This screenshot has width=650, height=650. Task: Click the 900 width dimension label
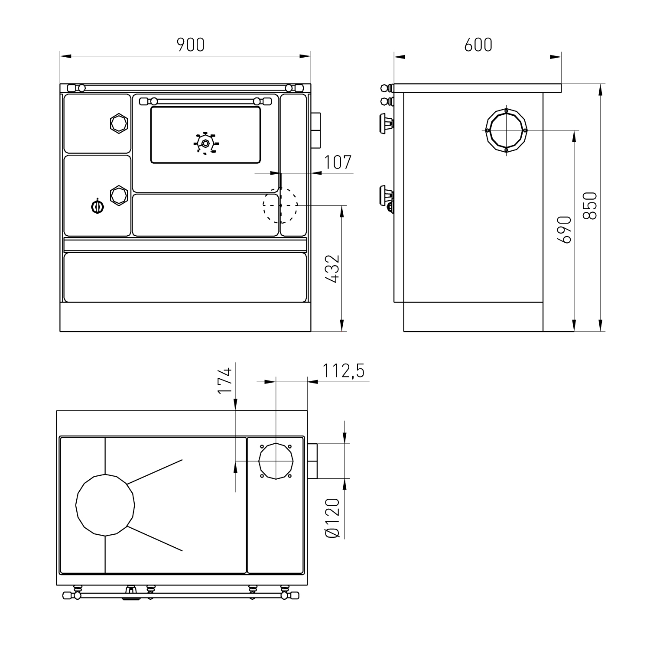pos(190,45)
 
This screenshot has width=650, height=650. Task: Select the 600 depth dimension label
pos(478,45)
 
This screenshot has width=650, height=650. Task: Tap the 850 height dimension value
pos(590,206)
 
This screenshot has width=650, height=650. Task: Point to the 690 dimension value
pos(565,229)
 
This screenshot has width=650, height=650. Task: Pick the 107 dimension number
pos(338,162)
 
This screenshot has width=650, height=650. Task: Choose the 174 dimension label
pos(225,380)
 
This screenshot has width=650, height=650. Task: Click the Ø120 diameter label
pos(332,518)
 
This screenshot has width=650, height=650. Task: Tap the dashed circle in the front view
pos(280,205)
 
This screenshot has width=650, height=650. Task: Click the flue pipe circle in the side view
pos(506,130)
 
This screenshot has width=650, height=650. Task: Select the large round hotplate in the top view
pos(105,505)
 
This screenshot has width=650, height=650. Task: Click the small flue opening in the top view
pos(276,461)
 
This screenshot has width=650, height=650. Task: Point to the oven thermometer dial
pos(205,143)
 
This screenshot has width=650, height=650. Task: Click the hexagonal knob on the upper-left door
pos(118,123)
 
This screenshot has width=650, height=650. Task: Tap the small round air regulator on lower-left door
pos(97,207)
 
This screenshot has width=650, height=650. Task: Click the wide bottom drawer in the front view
pos(185,277)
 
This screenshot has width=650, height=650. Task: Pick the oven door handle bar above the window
pos(205,101)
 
